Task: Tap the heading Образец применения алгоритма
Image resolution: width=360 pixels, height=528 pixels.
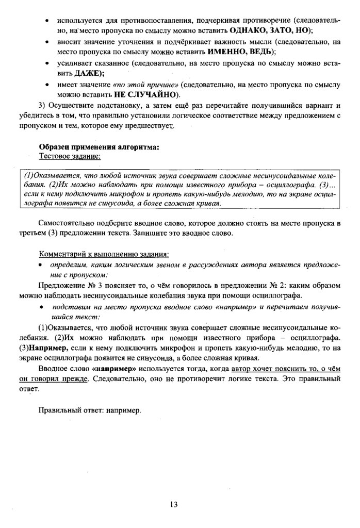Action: (99, 146)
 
